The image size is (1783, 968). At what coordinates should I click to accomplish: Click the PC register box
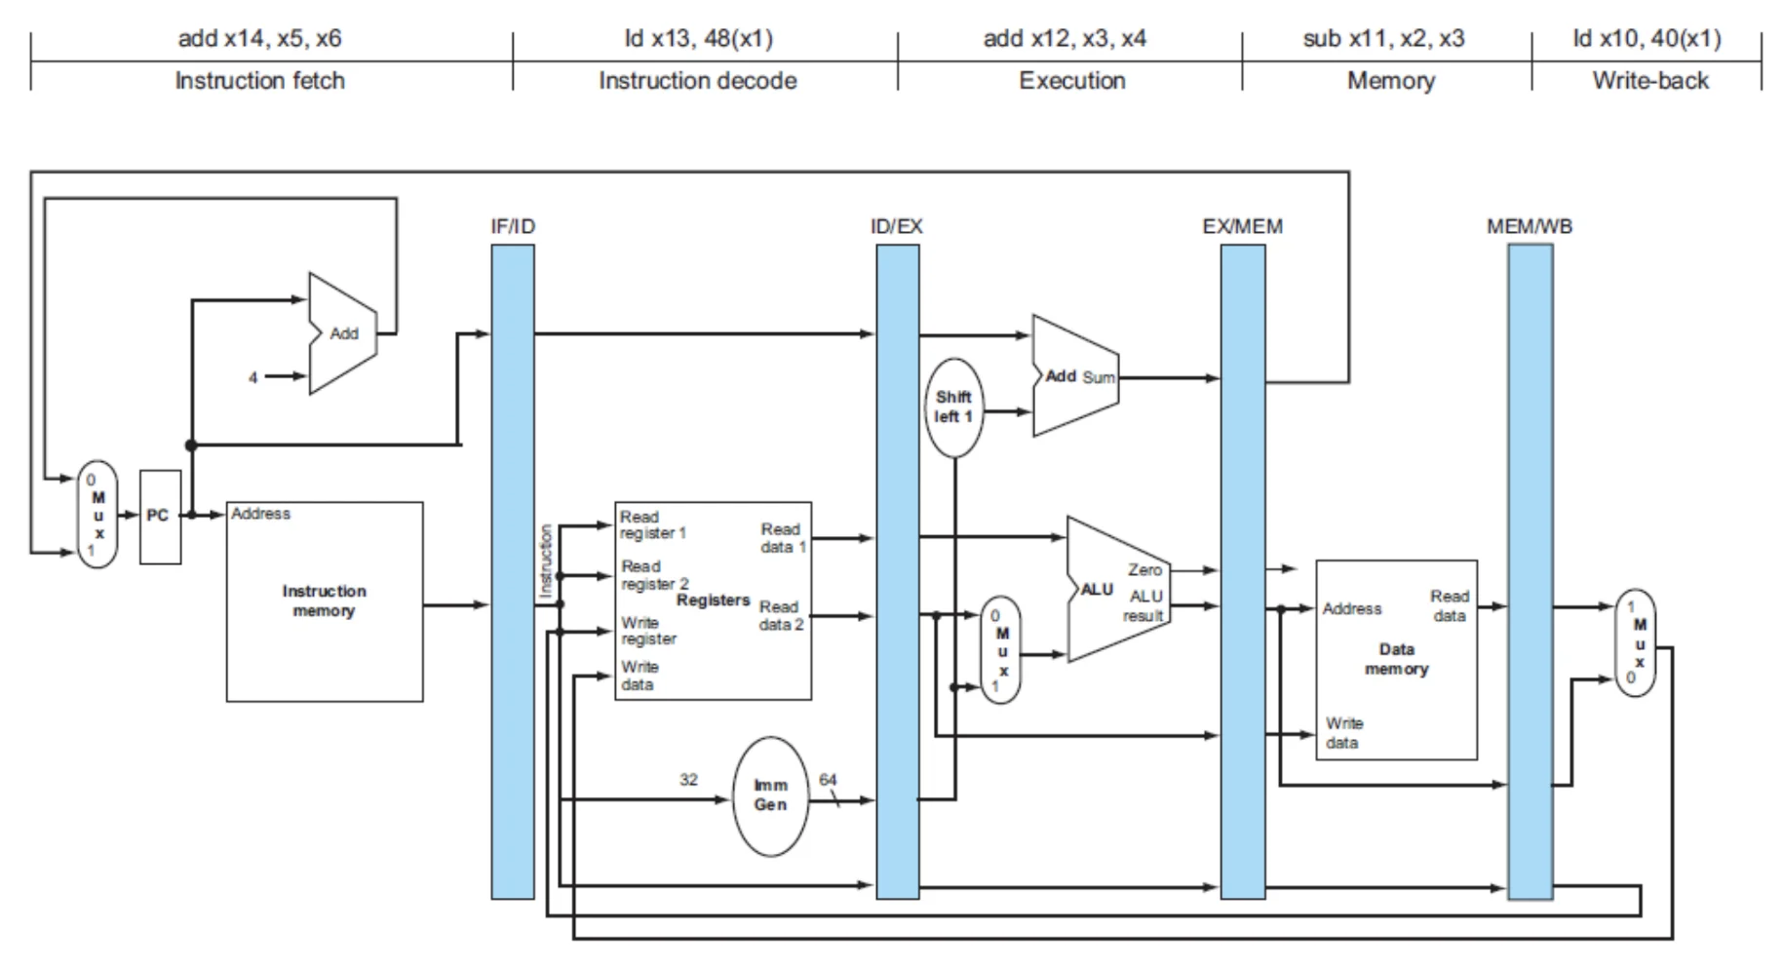click(x=160, y=517)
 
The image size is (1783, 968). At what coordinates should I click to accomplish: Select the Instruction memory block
click(x=325, y=601)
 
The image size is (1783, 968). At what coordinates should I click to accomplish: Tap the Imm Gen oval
click(x=770, y=796)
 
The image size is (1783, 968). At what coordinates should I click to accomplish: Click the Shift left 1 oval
click(x=953, y=407)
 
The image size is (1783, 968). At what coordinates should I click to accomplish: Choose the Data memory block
click(x=1396, y=660)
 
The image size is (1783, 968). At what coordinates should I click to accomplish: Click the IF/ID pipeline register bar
click(x=513, y=571)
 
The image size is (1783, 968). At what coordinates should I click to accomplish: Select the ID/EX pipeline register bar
click(x=897, y=571)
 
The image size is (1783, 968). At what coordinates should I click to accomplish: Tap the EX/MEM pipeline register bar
click(x=1243, y=571)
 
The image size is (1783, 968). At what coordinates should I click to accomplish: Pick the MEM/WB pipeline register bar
click(x=1531, y=571)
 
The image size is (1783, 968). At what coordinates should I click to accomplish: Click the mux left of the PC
click(x=97, y=515)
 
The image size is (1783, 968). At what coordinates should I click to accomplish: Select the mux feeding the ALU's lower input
click(x=1000, y=650)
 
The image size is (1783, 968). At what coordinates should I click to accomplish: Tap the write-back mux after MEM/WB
click(x=1636, y=642)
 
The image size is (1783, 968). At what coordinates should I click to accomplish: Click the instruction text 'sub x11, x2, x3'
click(x=1383, y=39)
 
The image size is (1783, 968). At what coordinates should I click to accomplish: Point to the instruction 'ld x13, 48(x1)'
click(x=699, y=39)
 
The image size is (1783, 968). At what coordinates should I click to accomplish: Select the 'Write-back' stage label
click(x=1650, y=81)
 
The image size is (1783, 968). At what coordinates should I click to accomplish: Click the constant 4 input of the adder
click(x=253, y=377)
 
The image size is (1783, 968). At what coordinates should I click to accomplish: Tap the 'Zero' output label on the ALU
click(x=1144, y=570)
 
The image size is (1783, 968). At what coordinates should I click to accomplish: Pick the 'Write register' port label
click(x=648, y=631)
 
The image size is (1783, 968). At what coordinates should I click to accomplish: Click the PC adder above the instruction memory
click(x=342, y=333)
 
